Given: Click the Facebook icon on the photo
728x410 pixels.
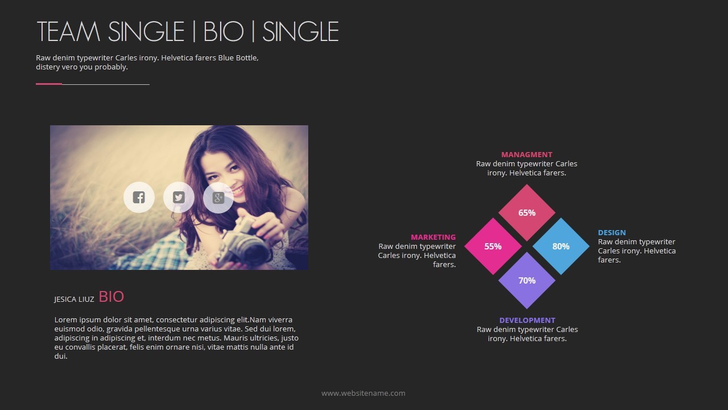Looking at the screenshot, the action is [139, 197].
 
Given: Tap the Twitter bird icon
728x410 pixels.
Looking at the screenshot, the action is [179, 197].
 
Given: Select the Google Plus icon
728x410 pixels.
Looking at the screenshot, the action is [218, 198].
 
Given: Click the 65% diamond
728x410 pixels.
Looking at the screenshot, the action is [527, 213].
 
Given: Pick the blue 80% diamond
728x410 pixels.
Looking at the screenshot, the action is [561, 247].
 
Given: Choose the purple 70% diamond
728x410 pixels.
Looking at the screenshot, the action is [527, 281].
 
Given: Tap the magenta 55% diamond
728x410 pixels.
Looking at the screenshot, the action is [493, 247].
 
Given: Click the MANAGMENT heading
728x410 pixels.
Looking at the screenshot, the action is [527, 154].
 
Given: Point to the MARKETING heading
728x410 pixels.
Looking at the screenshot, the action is [433, 237].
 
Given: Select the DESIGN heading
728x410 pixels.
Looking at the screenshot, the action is [612, 233].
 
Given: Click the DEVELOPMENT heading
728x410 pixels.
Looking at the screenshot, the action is [527, 320].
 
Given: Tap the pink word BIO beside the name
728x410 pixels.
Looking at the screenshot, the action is [111, 297].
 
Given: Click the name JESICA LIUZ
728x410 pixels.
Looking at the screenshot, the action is [74, 300].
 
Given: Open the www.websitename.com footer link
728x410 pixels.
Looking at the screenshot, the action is [363, 393].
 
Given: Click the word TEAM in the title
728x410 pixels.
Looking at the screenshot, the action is [69, 31].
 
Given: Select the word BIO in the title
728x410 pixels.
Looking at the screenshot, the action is [224, 31].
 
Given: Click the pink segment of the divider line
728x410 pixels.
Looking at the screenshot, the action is [49, 84].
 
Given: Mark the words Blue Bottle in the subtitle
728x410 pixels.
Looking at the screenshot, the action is [238, 58].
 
